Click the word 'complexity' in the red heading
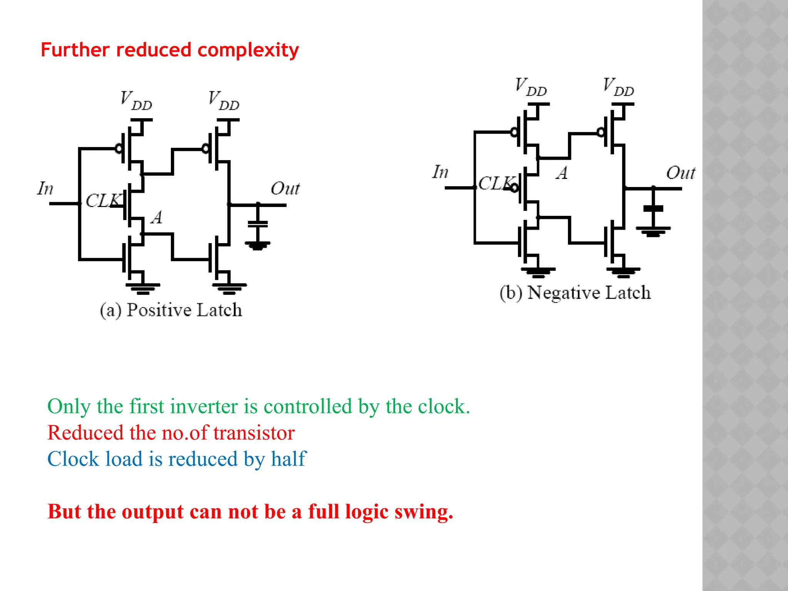click(x=248, y=50)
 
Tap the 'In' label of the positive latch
click(x=45, y=189)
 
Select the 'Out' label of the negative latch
click(x=680, y=173)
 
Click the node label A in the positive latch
click(x=157, y=217)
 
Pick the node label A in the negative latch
click(x=562, y=173)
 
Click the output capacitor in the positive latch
click(x=258, y=224)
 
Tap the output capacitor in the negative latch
click(x=653, y=209)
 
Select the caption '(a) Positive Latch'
click(x=171, y=310)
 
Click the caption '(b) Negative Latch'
click(x=575, y=293)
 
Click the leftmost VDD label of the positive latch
click(x=136, y=100)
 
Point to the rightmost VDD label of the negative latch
click(x=618, y=87)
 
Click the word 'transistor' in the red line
click(x=254, y=433)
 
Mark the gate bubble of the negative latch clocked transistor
click(x=514, y=188)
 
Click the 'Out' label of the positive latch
click(x=285, y=189)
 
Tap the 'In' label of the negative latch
click(x=440, y=172)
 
